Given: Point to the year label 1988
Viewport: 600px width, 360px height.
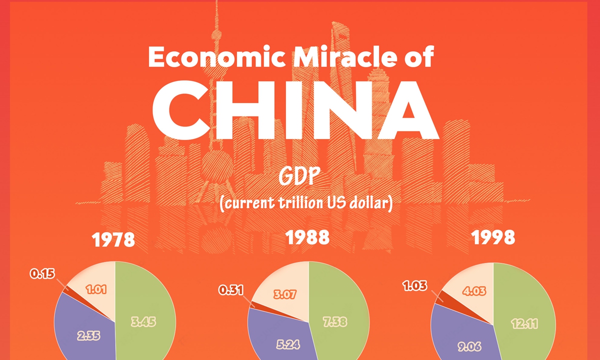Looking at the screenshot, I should point(307,237).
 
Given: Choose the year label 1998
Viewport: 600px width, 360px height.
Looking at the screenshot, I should point(493,237).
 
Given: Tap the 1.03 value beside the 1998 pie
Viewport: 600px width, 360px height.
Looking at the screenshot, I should point(415,285).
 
